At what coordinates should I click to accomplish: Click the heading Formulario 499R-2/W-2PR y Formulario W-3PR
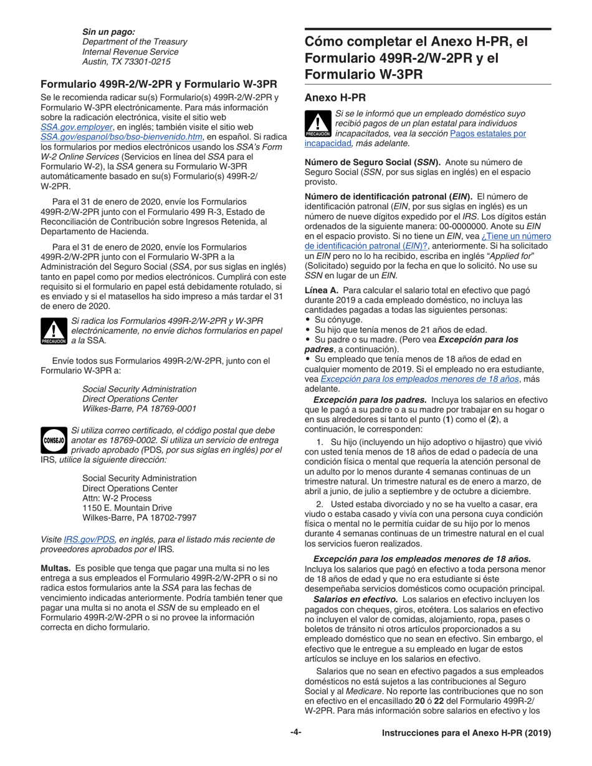158,84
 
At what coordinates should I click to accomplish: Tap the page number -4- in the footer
295,732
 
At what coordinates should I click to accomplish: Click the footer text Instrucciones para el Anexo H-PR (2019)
466,734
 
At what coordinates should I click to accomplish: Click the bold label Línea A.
322,290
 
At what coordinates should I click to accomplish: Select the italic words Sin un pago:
108,31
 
